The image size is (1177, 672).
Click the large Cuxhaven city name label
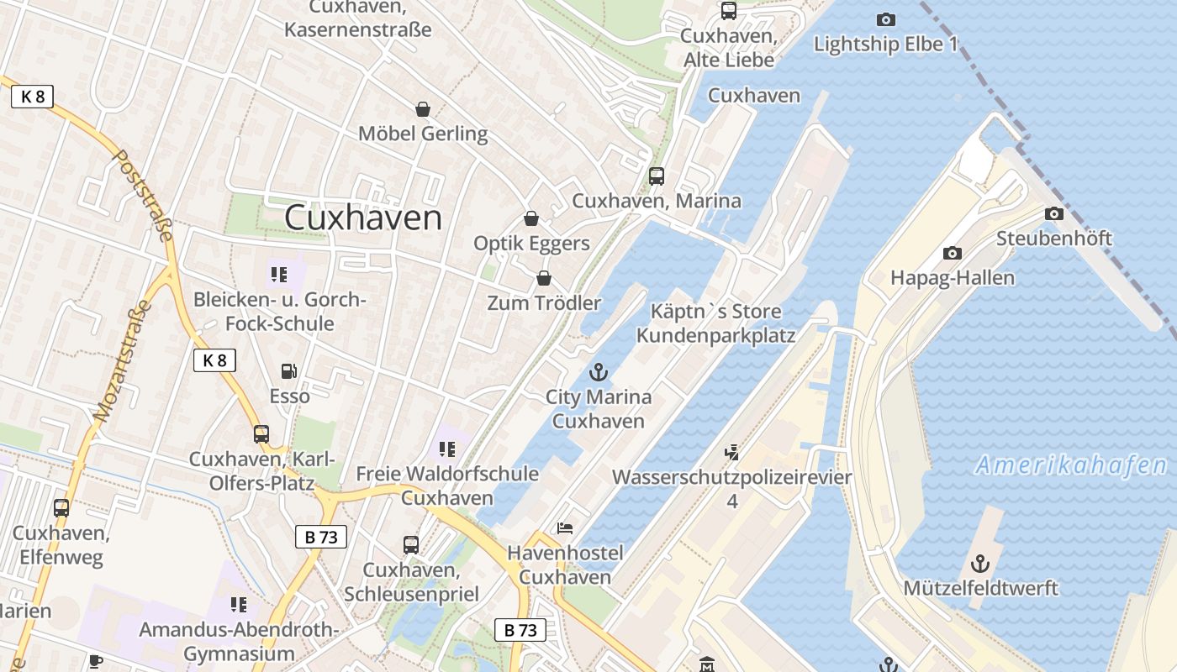click(362, 218)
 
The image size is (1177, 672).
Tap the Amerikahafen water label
click(1071, 465)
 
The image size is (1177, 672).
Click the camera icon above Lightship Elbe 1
click(885, 19)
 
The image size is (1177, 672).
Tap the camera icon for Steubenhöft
click(1053, 214)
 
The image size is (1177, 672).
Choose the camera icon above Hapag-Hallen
click(952, 253)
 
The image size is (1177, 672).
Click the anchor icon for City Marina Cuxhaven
click(599, 371)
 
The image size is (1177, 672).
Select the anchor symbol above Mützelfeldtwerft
click(980, 563)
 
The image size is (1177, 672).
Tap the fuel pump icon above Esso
click(288, 370)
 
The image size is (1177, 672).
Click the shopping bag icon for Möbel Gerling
click(422, 109)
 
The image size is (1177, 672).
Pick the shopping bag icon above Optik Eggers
click(531, 219)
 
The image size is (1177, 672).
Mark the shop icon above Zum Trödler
click(544, 278)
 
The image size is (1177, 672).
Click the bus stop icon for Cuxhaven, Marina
click(657, 176)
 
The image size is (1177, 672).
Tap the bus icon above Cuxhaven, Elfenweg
click(61, 508)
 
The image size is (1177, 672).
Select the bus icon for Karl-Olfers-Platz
click(261, 434)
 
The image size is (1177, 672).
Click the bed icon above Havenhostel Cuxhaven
click(565, 528)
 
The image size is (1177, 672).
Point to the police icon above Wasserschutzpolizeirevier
click(731, 452)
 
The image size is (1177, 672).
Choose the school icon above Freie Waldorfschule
click(446, 449)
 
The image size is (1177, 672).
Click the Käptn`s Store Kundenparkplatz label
click(715, 323)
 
